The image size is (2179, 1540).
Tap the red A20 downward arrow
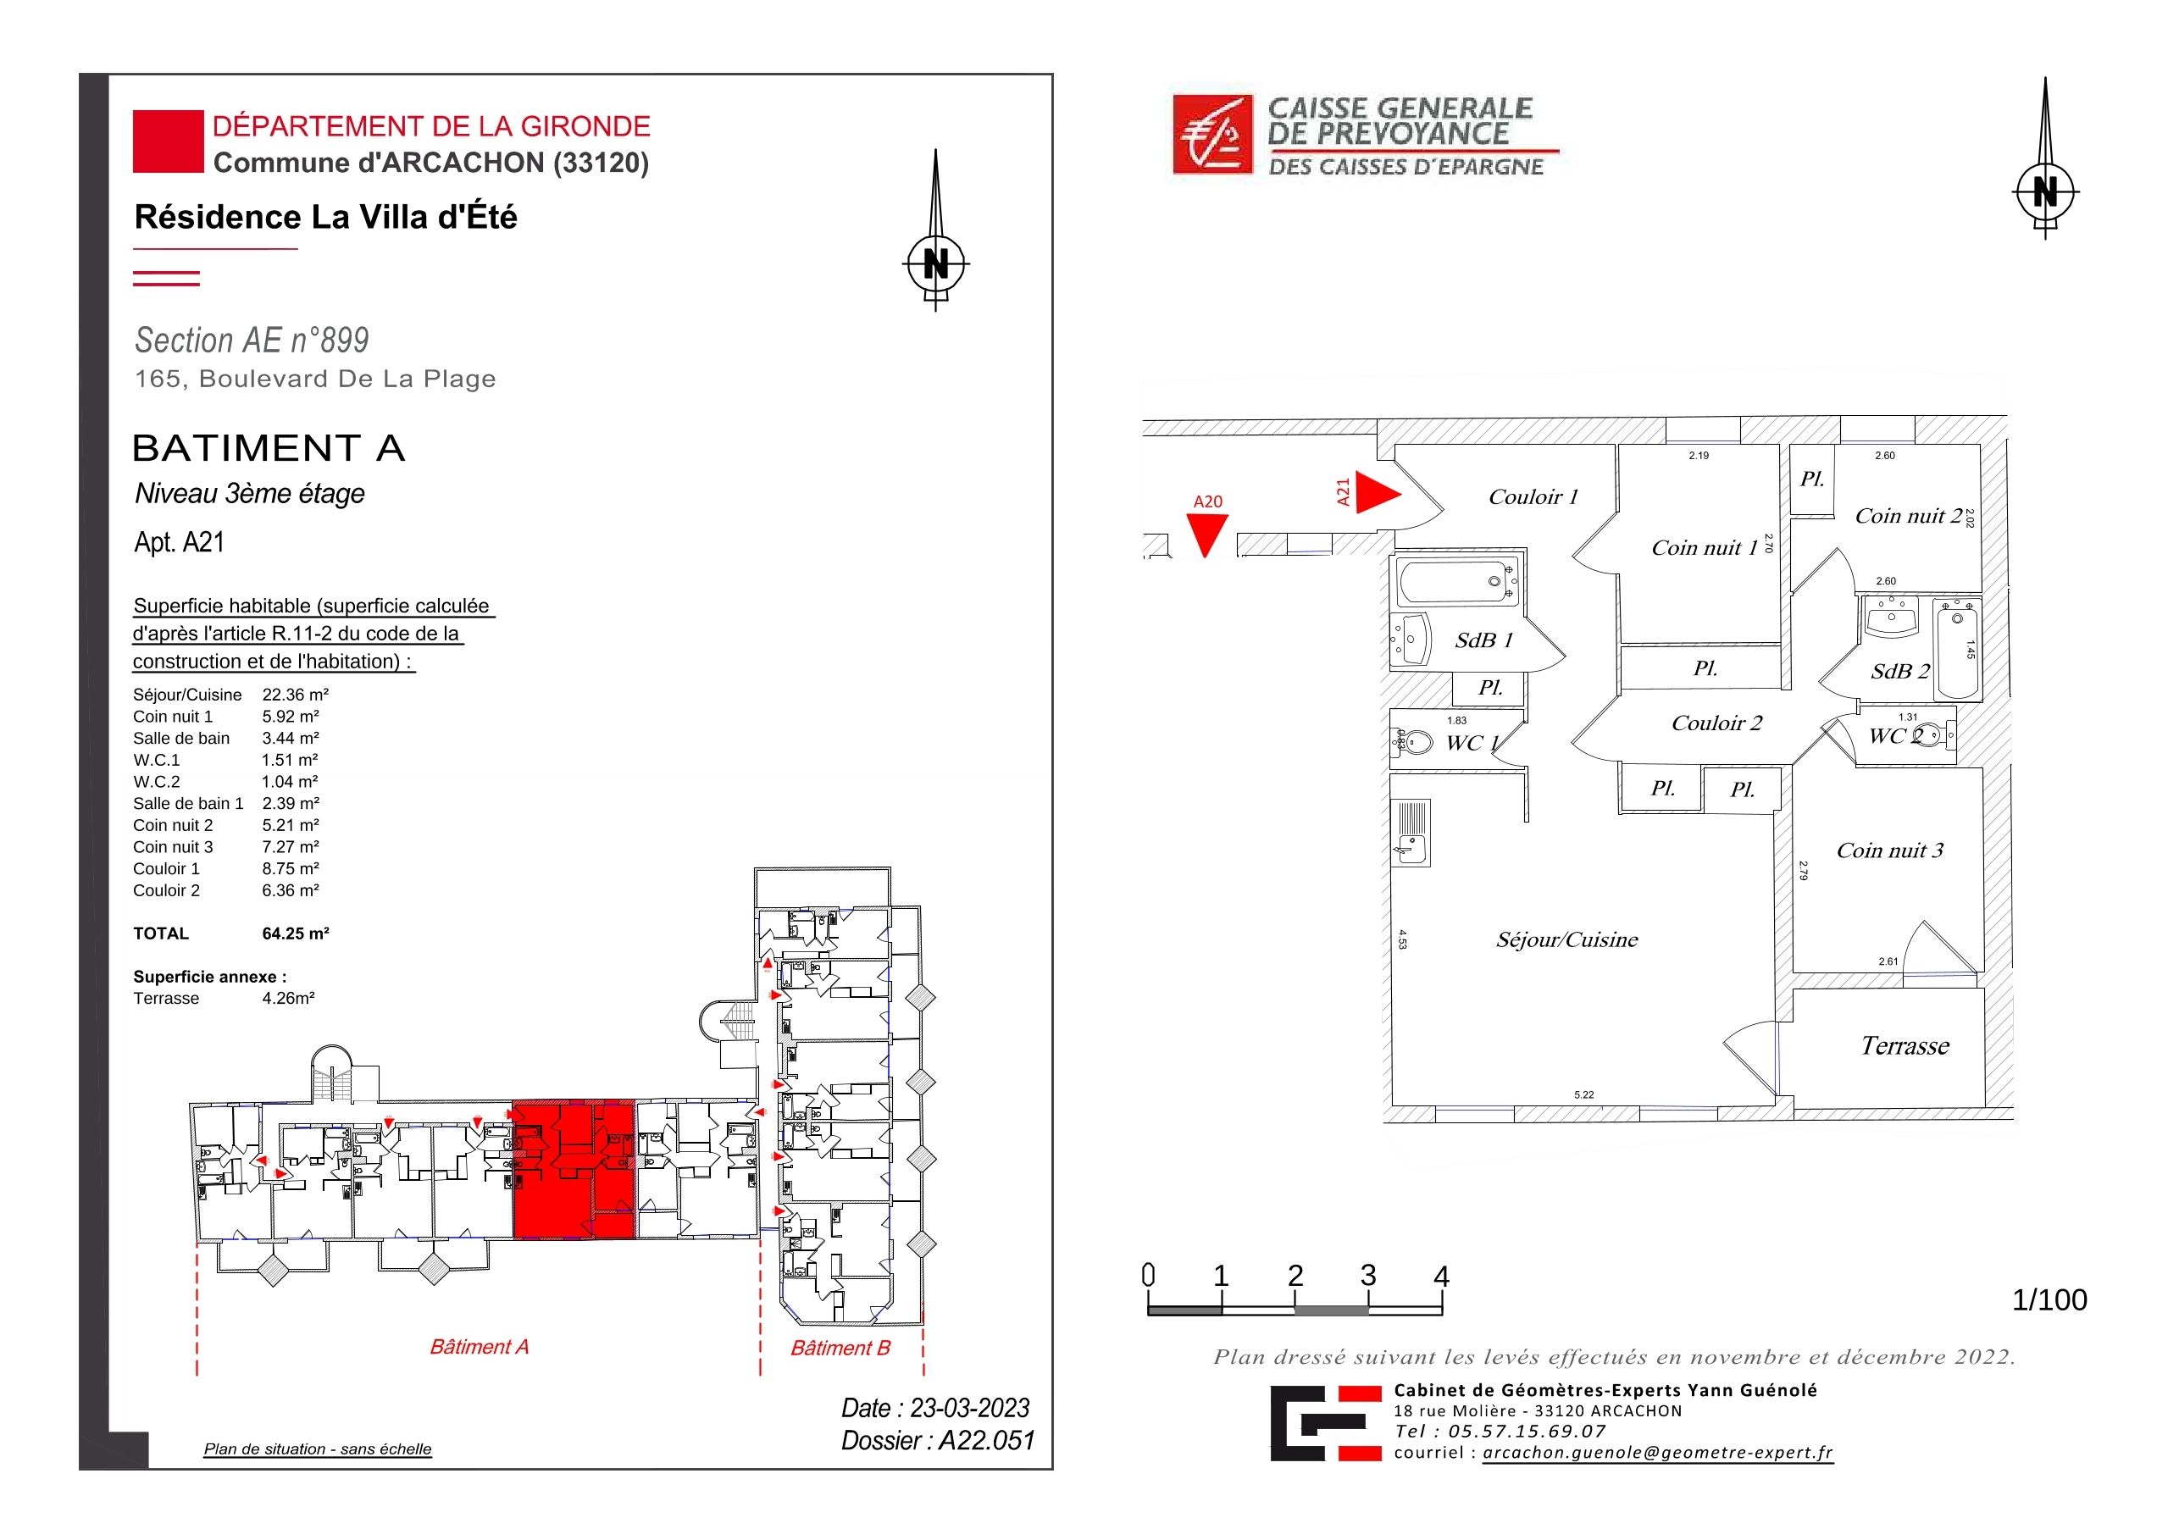click(x=1207, y=535)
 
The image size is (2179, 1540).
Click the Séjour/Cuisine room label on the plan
click(x=1566, y=939)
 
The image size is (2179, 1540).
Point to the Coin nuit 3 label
click(x=1889, y=850)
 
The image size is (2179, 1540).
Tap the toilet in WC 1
click(x=1412, y=740)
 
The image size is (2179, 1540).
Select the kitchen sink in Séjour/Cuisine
click(x=1411, y=832)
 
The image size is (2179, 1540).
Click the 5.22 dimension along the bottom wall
click(x=1584, y=1094)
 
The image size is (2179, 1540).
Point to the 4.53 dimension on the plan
click(x=1403, y=939)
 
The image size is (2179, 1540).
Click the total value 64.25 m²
click(x=295, y=933)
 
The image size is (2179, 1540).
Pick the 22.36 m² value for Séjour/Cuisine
click(x=295, y=695)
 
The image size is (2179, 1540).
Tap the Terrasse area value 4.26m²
click(x=289, y=998)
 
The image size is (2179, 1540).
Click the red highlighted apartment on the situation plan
click(x=574, y=1170)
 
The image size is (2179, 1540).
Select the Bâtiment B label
click(x=841, y=1348)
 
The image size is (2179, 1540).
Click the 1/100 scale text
click(x=2049, y=1300)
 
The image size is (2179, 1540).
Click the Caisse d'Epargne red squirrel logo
click(x=1213, y=135)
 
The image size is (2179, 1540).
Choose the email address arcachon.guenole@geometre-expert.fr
click(x=1658, y=1453)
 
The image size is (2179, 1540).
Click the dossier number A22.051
click(x=986, y=1440)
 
